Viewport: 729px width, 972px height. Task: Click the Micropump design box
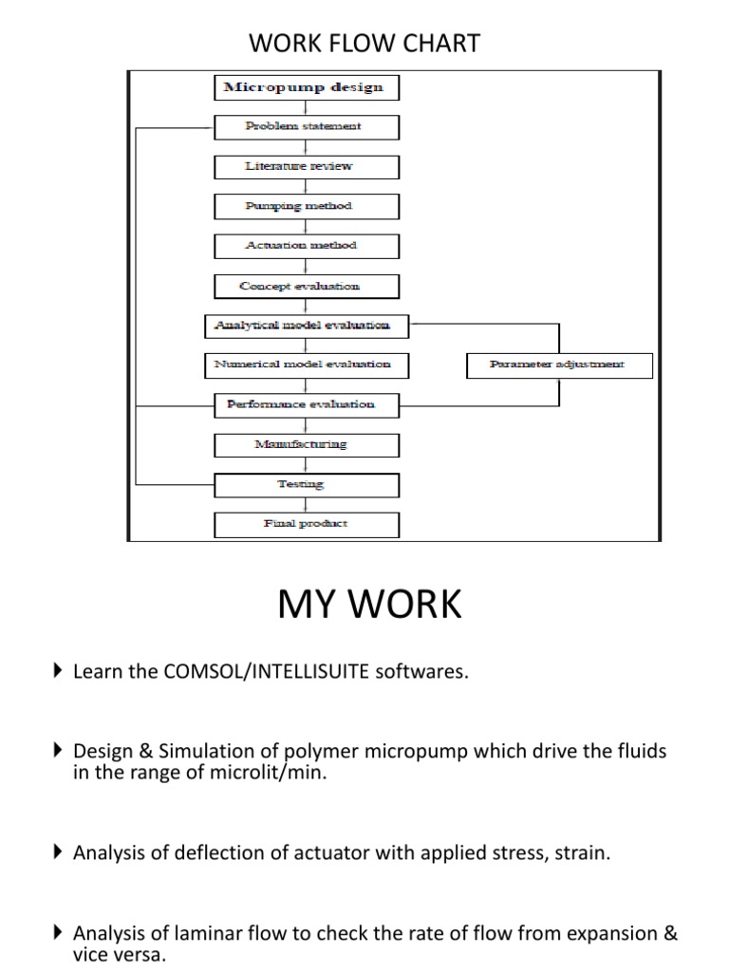303,87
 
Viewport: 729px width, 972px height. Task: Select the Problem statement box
303,126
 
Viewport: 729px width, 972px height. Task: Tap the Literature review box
303,166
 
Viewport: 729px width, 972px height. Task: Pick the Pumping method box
303,206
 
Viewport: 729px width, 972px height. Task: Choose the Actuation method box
303,246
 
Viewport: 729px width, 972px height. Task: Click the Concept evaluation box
303,286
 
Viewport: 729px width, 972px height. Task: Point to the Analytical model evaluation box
303,326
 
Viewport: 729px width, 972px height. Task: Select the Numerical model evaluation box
303,364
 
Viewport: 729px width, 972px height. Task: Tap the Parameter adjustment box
559,364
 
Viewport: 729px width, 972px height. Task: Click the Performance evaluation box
303,404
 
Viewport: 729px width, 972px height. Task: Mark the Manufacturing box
303,444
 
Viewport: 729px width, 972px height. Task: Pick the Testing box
303,484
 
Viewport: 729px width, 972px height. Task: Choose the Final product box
303,524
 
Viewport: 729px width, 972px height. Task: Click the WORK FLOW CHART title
364,43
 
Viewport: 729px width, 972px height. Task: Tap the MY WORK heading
369,605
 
